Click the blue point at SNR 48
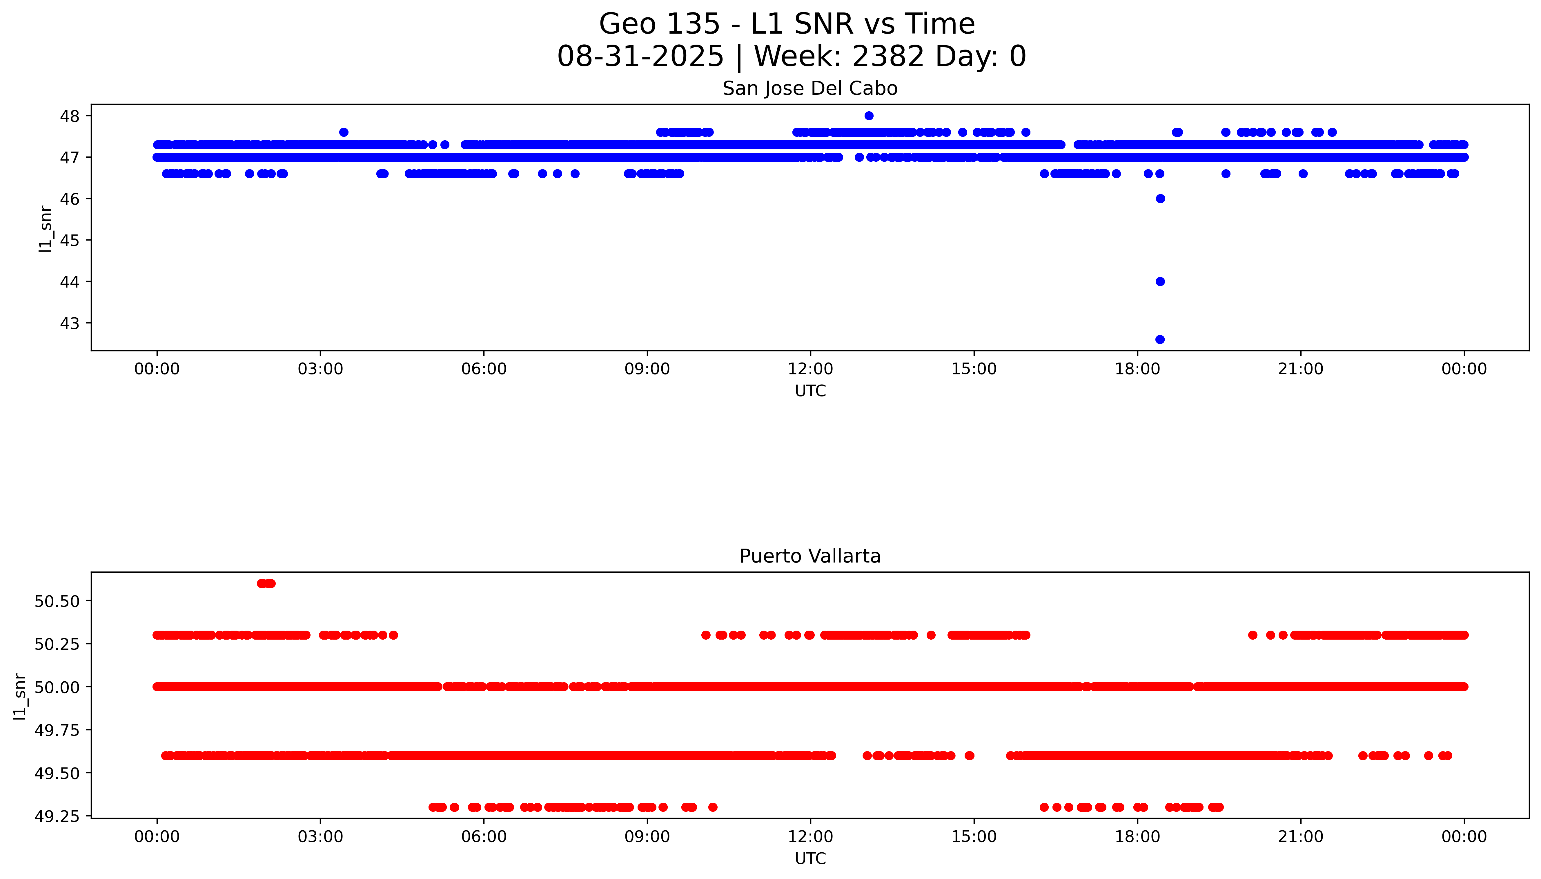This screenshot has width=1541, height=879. tap(868, 116)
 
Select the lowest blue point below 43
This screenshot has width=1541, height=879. tap(1159, 339)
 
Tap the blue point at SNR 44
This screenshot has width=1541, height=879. tap(1159, 281)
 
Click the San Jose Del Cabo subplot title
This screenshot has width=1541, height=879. tap(810, 89)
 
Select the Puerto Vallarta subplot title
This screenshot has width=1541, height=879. tap(810, 556)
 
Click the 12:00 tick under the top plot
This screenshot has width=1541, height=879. tap(810, 369)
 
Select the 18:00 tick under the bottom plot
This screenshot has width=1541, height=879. tap(1137, 837)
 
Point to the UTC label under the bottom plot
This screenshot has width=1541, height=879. tap(810, 858)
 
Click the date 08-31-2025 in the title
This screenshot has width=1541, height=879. tap(640, 57)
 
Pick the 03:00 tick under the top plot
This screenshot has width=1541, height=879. tap(320, 369)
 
